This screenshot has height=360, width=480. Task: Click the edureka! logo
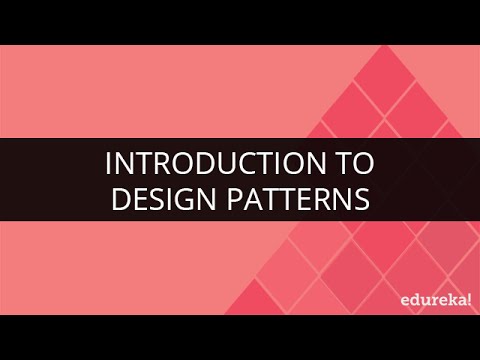click(431, 297)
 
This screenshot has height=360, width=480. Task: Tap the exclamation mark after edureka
click(469, 296)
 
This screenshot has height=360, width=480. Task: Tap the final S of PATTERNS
click(362, 198)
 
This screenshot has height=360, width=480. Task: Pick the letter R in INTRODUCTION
click(168, 163)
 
